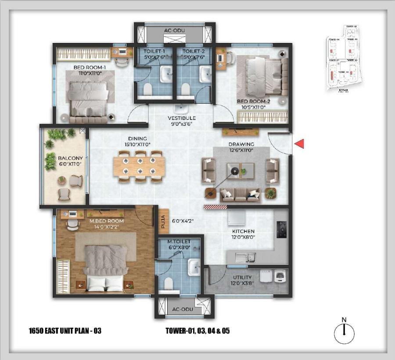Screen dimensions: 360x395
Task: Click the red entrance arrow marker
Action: tap(299, 144)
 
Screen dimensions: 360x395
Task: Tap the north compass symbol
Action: tap(344, 333)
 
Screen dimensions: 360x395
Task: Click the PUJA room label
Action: tap(161, 218)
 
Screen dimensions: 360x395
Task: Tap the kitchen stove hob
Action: tap(281, 227)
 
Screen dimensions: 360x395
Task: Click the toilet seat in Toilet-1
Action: tap(147, 90)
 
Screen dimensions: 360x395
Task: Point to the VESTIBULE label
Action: tap(181, 118)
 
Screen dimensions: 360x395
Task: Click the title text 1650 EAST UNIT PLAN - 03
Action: tap(65, 331)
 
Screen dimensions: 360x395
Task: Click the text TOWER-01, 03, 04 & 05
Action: tap(197, 331)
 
